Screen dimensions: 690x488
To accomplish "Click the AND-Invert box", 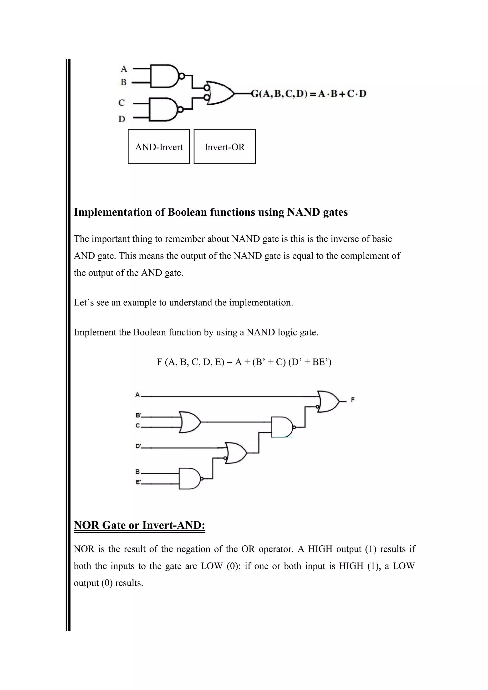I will point(159,147).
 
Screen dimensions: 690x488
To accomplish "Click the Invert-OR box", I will point(224,147).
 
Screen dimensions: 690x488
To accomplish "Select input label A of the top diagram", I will point(124,69).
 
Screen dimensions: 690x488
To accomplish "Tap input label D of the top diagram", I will point(122,119).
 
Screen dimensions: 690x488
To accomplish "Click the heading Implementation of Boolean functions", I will point(211,212).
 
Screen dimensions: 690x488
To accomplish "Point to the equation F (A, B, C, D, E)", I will point(244,362).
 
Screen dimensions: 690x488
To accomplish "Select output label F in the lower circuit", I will point(353,400).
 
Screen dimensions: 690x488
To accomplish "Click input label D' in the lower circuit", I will point(138,446).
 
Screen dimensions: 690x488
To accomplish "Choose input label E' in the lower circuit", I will point(138,482).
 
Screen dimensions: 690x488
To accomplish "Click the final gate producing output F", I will point(328,401).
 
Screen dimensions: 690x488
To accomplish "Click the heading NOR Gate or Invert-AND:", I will point(139,525).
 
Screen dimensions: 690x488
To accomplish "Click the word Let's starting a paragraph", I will point(84,302).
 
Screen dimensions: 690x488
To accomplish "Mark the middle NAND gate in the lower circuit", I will point(282,427).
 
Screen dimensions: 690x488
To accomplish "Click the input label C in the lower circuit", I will point(138,426).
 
